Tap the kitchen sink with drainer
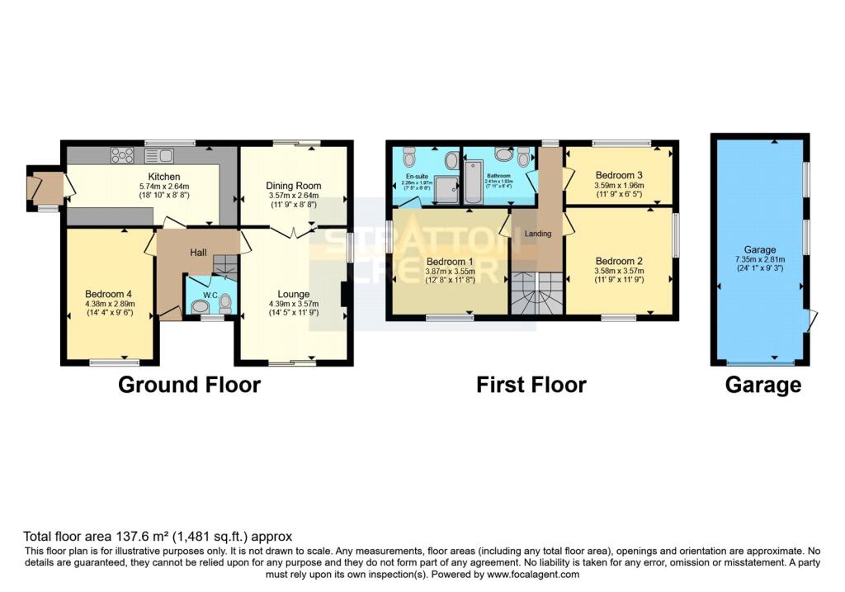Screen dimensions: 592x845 click(158, 154)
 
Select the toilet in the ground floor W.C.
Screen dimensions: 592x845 click(199, 305)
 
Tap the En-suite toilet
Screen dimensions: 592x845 click(409, 156)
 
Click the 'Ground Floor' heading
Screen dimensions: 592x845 click(189, 385)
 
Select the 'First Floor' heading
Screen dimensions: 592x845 click(531, 385)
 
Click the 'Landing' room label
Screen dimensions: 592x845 click(537, 234)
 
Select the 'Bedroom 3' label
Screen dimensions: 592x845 click(618, 176)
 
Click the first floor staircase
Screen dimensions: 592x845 click(536, 294)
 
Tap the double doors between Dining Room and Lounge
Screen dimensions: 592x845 click(293, 232)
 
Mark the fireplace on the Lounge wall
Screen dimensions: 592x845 click(345, 294)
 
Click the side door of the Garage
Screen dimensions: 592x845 click(813, 320)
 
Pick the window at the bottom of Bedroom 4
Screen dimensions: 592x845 click(115, 362)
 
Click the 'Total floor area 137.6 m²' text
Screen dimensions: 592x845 click(157, 536)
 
